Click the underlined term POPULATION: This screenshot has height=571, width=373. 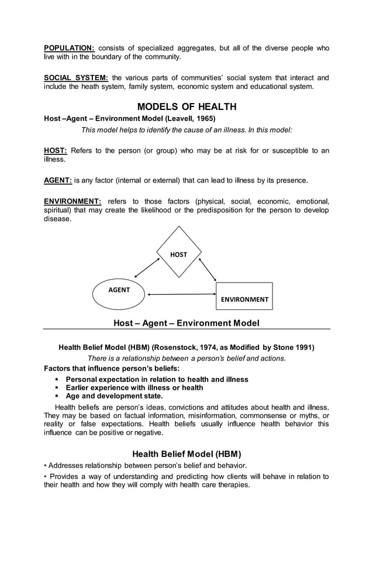70,48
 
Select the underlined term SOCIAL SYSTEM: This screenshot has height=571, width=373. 76,78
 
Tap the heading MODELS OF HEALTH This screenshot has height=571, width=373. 186,106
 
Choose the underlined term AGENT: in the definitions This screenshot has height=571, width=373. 58,180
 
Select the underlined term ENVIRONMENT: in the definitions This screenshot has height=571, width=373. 73,201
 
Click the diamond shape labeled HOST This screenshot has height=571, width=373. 179,252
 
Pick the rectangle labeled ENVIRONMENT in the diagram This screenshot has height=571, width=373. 244,296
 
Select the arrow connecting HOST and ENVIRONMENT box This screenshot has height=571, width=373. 208,268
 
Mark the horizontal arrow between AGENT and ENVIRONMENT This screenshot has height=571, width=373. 181,294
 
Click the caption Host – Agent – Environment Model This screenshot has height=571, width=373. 186,323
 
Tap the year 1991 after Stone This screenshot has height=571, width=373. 305,347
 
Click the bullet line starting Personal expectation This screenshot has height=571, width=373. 157,379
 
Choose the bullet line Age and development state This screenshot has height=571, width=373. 114,395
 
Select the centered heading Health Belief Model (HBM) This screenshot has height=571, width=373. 186,453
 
